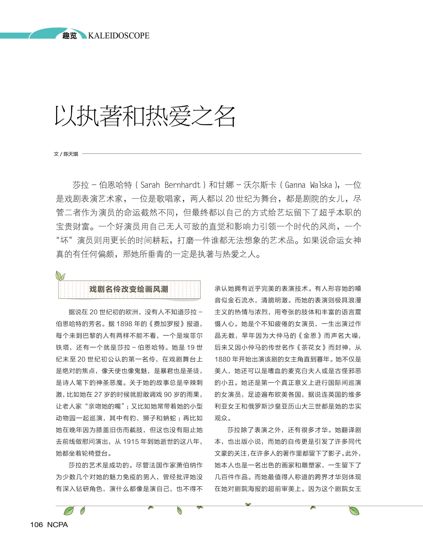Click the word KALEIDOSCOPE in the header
(x=119, y=36)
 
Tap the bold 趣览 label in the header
(x=69, y=36)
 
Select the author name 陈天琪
(x=71, y=154)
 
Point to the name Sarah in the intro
(x=150, y=185)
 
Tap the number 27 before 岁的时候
(x=98, y=394)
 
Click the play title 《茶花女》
(x=311, y=347)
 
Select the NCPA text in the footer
(x=57, y=525)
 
